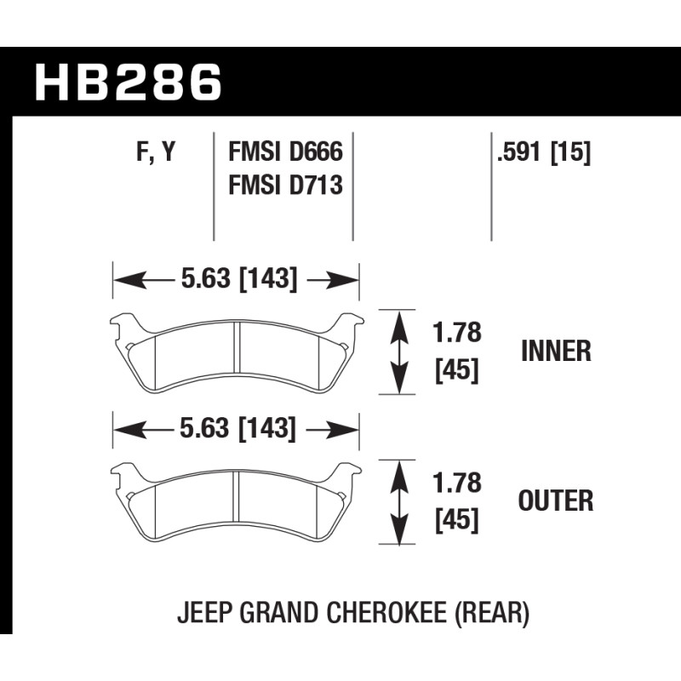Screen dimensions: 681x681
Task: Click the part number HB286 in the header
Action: click(x=129, y=82)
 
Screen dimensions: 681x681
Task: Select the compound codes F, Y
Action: click(x=157, y=152)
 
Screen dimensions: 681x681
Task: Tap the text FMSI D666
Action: click(x=285, y=152)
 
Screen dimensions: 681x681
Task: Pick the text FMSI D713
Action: click(x=285, y=185)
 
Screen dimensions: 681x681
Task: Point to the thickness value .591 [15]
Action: click(x=544, y=152)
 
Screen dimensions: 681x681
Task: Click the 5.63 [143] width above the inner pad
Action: click(x=239, y=278)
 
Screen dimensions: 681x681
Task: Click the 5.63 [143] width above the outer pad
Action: click(x=238, y=428)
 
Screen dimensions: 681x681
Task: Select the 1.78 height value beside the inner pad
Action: click(x=457, y=333)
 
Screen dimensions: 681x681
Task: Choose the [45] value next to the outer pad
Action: click(x=457, y=520)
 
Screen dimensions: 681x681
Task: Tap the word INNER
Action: click(x=556, y=351)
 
